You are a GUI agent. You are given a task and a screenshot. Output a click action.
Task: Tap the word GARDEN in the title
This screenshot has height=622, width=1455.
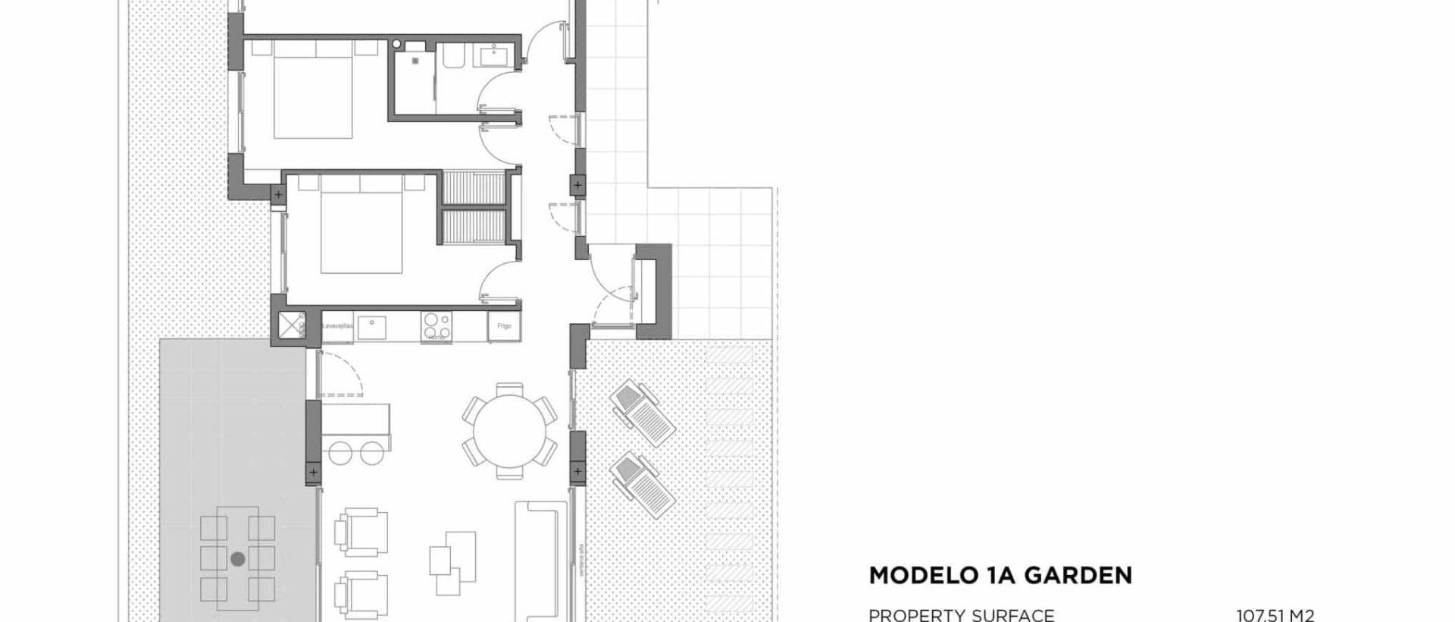pyautogui.click(x=1078, y=576)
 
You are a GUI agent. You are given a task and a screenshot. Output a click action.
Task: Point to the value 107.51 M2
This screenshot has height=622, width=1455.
pyautogui.click(x=1275, y=615)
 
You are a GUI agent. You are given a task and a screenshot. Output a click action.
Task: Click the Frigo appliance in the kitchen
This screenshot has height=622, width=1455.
pyautogui.click(x=504, y=325)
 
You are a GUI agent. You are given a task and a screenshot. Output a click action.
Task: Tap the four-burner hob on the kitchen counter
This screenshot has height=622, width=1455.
pyautogui.click(x=436, y=326)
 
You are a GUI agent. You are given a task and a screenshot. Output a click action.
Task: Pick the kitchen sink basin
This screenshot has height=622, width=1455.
pyautogui.click(x=371, y=327)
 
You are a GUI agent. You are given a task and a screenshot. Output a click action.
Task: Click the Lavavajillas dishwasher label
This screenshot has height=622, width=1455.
pyautogui.click(x=337, y=326)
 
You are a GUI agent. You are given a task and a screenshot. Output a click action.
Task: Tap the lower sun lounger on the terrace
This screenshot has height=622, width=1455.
pyautogui.click(x=643, y=485)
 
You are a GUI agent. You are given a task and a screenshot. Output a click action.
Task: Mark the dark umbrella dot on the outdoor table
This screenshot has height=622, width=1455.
pyautogui.click(x=238, y=560)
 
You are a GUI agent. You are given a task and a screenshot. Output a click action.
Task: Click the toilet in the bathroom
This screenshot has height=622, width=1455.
pyautogui.click(x=455, y=58)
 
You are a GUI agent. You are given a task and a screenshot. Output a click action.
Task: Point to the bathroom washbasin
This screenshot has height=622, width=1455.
pyautogui.click(x=496, y=55)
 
